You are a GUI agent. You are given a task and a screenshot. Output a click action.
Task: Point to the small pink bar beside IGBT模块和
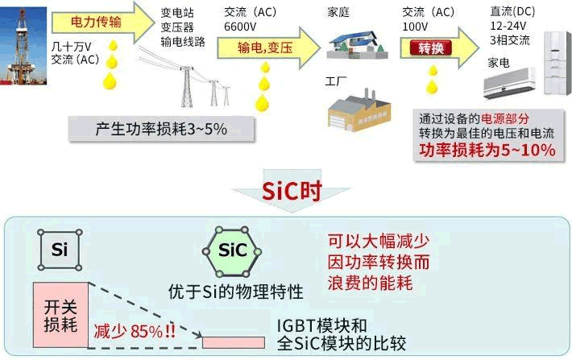(232, 341)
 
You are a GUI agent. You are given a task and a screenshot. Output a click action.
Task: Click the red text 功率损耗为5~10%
(487, 151)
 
